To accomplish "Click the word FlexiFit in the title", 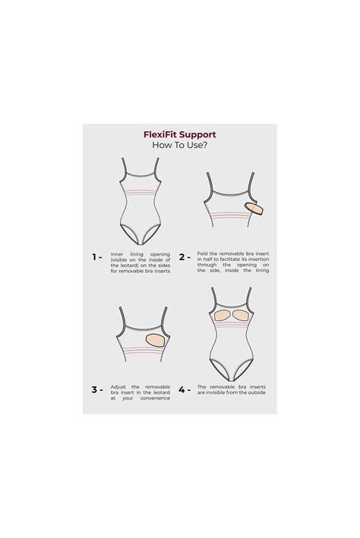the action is click(159, 134).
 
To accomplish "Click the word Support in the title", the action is click(197, 134).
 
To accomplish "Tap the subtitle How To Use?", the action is click(180, 145).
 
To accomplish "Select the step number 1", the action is click(94, 256).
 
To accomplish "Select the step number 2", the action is click(182, 256).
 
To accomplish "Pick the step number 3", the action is click(95, 389).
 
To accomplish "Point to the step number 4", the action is click(182, 389).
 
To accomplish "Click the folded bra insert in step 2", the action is click(254, 208).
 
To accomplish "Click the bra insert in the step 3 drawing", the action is click(156, 339).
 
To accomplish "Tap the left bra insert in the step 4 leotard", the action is click(222, 315).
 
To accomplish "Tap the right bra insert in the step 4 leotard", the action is click(240, 316).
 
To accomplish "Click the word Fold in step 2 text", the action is click(201, 253).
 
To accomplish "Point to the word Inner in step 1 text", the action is click(117, 254).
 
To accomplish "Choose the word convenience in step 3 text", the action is click(155, 398).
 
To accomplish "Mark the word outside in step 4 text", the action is click(257, 392).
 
